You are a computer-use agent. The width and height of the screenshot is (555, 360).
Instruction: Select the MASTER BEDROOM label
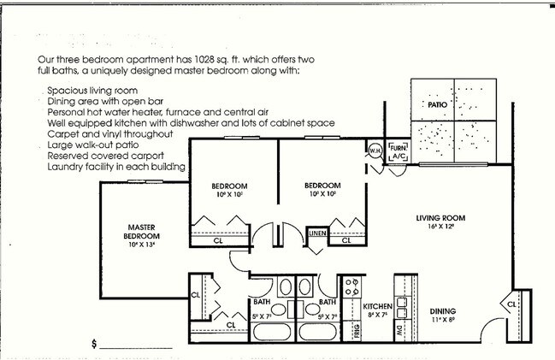(x=141, y=231)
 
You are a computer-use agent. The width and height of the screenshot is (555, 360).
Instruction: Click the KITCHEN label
(x=376, y=306)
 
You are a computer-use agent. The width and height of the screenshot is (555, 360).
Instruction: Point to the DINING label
(x=442, y=310)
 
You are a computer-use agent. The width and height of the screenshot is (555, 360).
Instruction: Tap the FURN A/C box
(x=398, y=152)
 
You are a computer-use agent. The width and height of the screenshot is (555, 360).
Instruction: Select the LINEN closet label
(x=317, y=233)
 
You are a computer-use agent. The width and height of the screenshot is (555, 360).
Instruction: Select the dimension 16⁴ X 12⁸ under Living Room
(x=438, y=228)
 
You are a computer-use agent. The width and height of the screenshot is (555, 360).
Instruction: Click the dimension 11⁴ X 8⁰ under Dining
(x=442, y=321)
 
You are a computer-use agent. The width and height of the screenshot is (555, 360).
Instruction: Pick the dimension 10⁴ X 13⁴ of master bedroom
(x=141, y=245)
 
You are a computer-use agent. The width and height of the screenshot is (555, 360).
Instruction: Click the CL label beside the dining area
(x=511, y=304)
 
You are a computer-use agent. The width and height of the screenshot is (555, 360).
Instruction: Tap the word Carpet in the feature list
(x=62, y=134)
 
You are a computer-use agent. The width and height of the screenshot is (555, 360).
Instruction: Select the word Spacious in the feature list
(x=67, y=91)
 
